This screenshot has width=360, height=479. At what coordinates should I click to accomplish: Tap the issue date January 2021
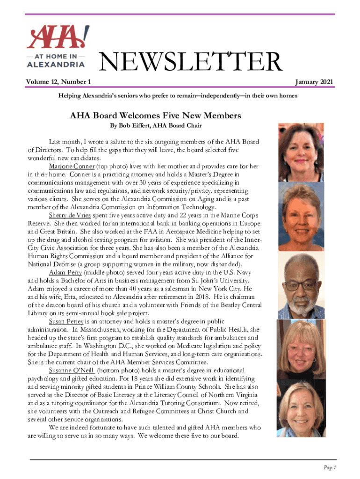click(x=314, y=82)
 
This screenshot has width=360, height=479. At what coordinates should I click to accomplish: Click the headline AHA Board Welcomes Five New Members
click(x=149, y=115)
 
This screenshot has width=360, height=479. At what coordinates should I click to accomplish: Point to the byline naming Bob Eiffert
click(x=149, y=126)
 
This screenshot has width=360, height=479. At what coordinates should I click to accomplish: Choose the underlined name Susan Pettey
click(x=66, y=321)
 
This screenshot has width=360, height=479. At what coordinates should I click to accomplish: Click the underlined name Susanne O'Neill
click(x=71, y=370)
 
